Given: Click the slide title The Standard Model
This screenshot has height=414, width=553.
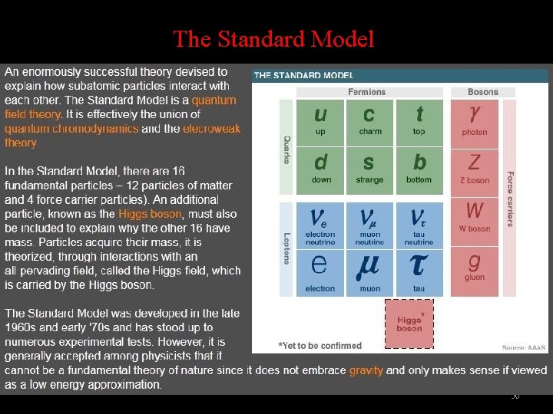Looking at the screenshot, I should pos(273,38).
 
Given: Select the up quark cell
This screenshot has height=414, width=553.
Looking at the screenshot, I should pos(320,121).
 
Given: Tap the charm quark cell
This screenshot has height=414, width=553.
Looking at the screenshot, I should pos(369,121).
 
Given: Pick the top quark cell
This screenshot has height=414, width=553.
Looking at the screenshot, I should pos(419,121).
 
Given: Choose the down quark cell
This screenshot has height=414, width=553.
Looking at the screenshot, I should pos(320,169).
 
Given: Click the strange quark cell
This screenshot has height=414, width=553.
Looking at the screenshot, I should pos(369,169).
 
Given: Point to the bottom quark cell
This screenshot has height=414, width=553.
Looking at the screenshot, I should pos(419,169).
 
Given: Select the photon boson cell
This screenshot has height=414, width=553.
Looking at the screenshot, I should pos(474,121).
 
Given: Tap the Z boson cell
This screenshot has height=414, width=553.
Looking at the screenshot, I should pos(474,169).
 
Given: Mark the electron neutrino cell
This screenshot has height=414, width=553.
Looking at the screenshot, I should pos(320,225).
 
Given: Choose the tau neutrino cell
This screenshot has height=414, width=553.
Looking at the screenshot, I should pos(419,225).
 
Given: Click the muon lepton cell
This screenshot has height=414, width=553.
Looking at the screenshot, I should pos(369,271).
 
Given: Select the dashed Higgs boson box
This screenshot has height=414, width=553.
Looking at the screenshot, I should pos(409,323).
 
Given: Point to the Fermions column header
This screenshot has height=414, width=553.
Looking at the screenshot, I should pos(366,92).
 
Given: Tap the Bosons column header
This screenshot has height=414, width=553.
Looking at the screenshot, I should pos(483,92).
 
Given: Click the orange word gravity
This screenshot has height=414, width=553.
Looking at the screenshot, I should pos(366,370).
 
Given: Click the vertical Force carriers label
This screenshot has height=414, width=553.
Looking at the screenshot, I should pos(509,199).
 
